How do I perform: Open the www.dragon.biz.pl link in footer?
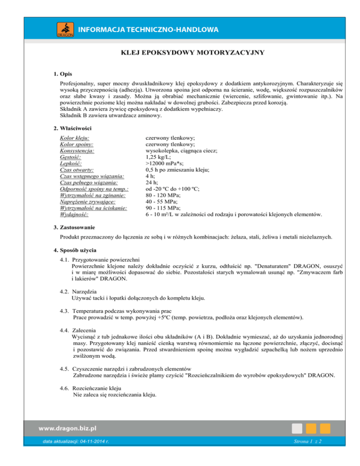67,428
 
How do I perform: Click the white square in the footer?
296,428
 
